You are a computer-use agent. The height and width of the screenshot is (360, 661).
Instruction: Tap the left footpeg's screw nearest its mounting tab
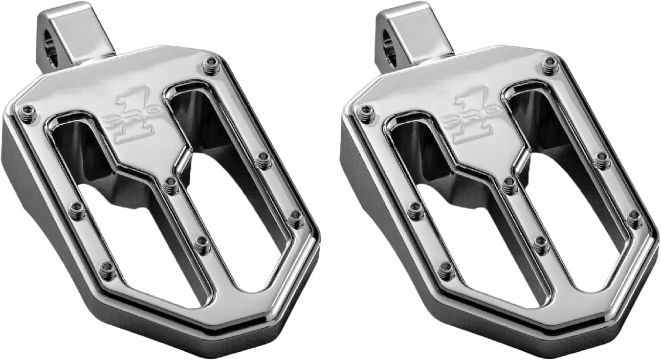pos(210,65)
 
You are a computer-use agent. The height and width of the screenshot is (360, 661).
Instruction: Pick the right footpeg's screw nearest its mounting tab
pos(549,66)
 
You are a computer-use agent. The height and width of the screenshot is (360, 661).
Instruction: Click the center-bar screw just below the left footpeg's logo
pos(171,185)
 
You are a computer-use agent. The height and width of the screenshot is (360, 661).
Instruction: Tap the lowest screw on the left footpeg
pos(108,270)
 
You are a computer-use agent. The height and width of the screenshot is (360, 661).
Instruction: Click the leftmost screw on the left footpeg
pos(29,114)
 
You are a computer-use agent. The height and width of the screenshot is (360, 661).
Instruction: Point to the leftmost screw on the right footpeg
pos(366,114)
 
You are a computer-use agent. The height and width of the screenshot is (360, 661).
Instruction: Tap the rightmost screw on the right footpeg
pos(634,218)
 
